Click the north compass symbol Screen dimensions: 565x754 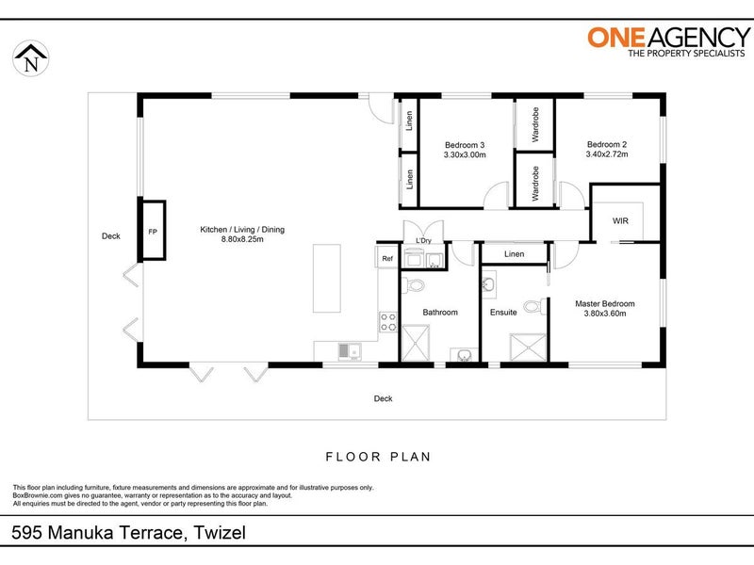tap(33, 60)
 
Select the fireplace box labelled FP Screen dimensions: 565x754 tap(153, 231)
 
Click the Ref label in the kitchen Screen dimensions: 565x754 tap(386, 257)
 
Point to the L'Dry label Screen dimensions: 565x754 tap(423, 242)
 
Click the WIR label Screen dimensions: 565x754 tap(620, 220)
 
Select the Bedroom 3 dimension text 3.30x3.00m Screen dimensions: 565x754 tap(464, 155)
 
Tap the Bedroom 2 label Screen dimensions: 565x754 tap(606, 144)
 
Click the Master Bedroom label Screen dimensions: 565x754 tap(604, 304)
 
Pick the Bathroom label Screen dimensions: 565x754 tap(440, 313)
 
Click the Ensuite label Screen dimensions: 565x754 tap(503, 313)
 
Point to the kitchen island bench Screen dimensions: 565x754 tap(329, 280)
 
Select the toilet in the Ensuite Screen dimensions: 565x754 tap(533, 306)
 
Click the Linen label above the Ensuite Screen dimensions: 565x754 tap(514, 254)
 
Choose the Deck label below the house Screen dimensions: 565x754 tap(383, 398)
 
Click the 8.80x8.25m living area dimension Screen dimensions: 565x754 tap(241, 240)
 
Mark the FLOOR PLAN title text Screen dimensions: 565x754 tap(377, 457)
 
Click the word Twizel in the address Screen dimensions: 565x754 tap(221, 534)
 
